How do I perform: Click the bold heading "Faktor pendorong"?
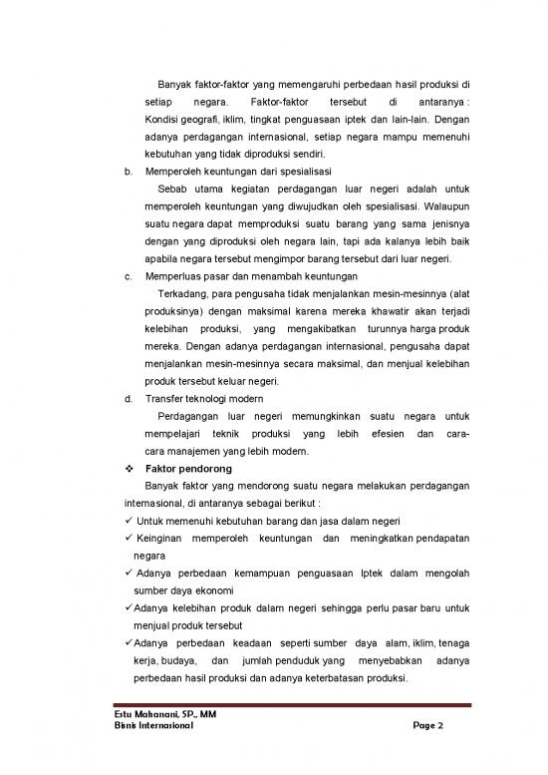[188, 468]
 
